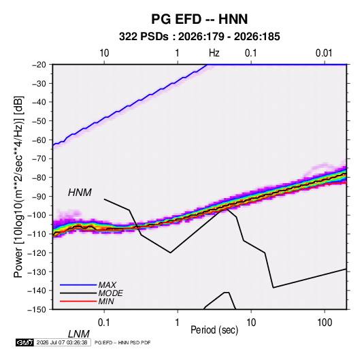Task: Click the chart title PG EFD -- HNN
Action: pos(199,19)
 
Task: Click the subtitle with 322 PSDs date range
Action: pos(199,37)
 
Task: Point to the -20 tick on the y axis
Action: pos(39,65)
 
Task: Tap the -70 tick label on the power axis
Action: pos(39,159)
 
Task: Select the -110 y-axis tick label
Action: pos(37,234)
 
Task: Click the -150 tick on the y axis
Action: pos(37,310)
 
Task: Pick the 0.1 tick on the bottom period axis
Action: pos(104,323)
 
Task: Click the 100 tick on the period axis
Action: pos(325,323)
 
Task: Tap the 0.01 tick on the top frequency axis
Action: pos(324,53)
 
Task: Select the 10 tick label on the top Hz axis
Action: pos(104,53)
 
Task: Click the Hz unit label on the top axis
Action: pos(214,53)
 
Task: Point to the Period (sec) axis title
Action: pos(214,330)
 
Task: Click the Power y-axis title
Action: pos(18,187)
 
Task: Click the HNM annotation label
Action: pos(80,193)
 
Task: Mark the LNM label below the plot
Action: pos(79,334)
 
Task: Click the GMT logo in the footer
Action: pos(25,342)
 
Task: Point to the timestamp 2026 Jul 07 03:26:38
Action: pos(62,342)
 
